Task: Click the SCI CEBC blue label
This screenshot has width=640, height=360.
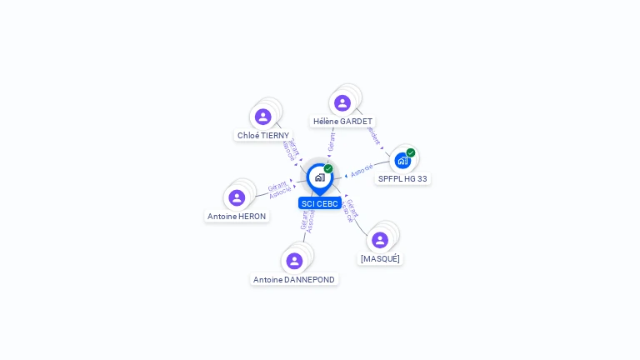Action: (320, 203)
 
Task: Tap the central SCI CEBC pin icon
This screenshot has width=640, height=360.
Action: (320, 177)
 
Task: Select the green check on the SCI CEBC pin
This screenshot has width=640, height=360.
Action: (328, 169)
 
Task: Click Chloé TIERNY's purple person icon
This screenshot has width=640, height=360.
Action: (263, 117)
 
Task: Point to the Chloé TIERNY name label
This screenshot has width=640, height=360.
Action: (263, 135)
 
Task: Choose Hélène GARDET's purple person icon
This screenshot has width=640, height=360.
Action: (342, 103)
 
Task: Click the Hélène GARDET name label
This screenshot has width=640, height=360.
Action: (342, 121)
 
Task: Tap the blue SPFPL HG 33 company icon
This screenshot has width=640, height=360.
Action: (402, 160)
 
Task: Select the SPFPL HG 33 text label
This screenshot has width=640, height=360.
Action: (402, 178)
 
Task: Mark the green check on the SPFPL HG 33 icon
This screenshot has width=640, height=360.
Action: (411, 152)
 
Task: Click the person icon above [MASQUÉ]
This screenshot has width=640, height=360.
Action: (380, 240)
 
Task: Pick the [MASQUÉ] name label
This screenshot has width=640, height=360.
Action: (380, 258)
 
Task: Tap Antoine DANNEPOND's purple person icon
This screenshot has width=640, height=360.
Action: (294, 261)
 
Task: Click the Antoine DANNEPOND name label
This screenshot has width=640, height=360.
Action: (294, 279)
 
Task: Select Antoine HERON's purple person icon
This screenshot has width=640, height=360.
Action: (237, 197)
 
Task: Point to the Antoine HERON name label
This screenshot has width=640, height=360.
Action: (237, 216)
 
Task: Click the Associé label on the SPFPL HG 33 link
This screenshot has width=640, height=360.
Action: (362, 170)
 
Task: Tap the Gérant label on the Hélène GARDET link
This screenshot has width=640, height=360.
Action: (332, 142)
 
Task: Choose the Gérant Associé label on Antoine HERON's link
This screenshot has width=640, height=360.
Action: (279, 190)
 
